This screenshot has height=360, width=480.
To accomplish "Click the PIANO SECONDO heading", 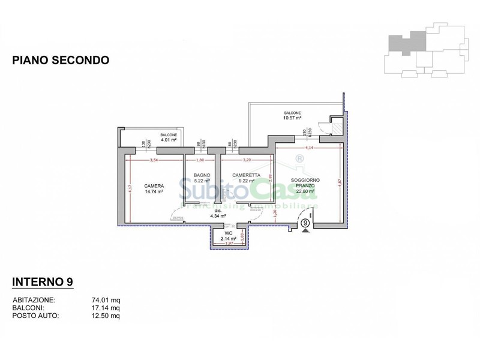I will [61, 60].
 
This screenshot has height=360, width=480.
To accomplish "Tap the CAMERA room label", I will [154, 185].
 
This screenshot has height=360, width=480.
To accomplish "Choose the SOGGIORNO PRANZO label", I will [305, 183].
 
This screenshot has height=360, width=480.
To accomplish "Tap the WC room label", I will [228, 233].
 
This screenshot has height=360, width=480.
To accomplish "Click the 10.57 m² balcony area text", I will [292, 118].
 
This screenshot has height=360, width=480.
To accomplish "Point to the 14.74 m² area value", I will [154, 192].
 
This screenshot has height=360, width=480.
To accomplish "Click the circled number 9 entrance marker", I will [305, 223].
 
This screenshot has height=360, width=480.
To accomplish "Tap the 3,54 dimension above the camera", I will [154, 160].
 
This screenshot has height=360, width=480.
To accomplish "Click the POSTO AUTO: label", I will [35, 315].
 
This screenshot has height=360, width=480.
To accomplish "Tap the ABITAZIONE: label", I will [34, 299].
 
